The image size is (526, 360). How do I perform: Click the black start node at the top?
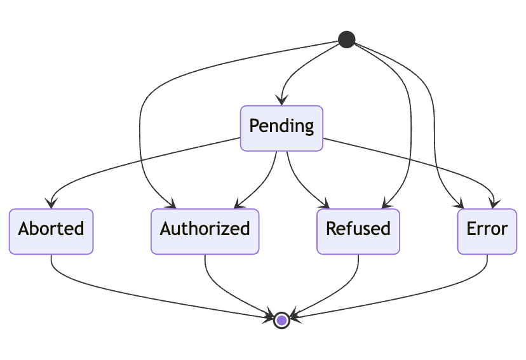(x=346, y=39)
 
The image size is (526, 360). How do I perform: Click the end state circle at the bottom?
(x=281, y=320)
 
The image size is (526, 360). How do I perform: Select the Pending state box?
(x=281, y=128)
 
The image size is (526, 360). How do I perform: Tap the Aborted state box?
(x=51, y=231)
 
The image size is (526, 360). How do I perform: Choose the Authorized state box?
(x=205, y=231)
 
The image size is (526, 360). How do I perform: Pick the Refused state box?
(x=358, y=231)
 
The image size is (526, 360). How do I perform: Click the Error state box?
(x=487, y=231)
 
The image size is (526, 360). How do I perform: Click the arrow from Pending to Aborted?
(x=127, y=166)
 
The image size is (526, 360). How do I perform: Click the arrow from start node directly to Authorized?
(x=141, y=127)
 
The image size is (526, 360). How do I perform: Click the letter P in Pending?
(x=254, y=126)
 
